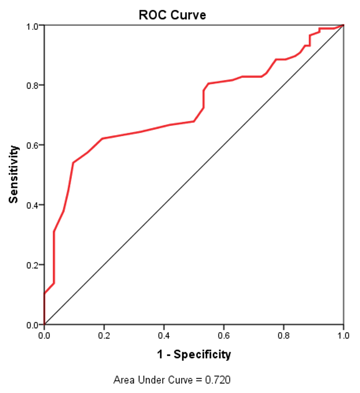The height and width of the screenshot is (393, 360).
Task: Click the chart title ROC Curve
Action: [172, 15]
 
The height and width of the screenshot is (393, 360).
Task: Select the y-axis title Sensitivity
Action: [14, 174]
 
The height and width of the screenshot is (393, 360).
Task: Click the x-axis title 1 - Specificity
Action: [194, 354]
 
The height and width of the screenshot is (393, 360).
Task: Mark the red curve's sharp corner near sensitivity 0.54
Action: [73, 163]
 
